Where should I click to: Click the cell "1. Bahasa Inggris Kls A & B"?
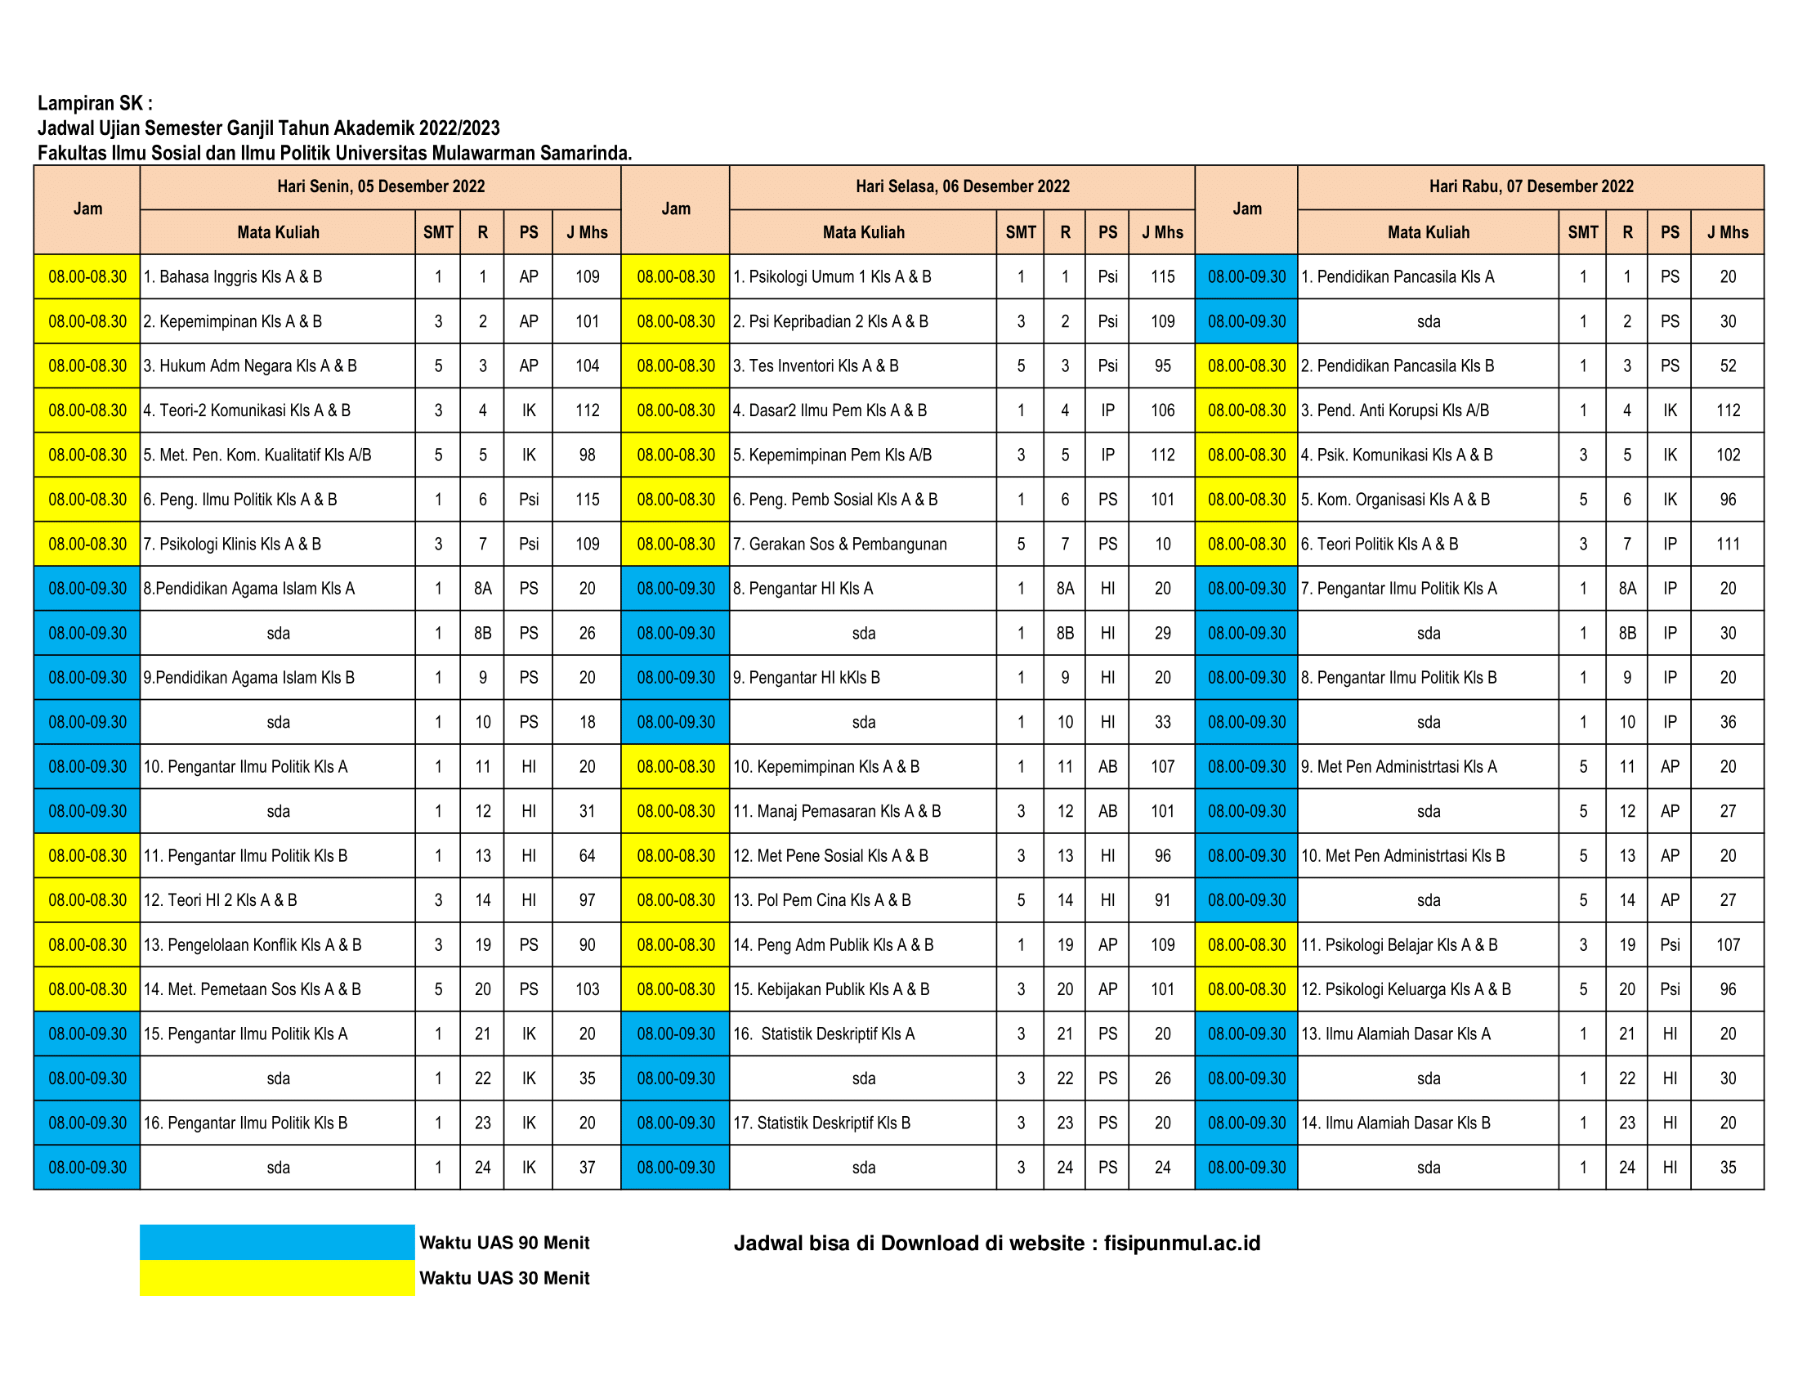click(233, 276)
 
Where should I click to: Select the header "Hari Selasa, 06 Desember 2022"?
click(962, 187)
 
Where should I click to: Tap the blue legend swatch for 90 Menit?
click(276, 1242)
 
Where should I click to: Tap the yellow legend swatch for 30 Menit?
click(276, 1278)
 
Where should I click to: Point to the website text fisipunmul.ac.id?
click(1182, 1244)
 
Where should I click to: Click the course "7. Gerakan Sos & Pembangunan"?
click(839, 545)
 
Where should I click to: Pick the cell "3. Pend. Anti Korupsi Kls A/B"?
click(1394, 410)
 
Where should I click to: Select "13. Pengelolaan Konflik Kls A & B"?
click(253, 944)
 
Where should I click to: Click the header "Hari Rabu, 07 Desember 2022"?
click(1531, 187)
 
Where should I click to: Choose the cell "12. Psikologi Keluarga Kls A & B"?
click(1406, 989)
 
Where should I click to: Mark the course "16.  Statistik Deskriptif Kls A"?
click(824, 1034)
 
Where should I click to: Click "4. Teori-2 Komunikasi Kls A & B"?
click(247, 410)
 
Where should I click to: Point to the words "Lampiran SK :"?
click(95, 103)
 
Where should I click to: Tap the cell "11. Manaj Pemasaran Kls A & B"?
click(837, 811)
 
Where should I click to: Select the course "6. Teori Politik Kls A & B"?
click(1379, 545)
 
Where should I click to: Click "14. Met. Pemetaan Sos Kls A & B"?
click(253, 989)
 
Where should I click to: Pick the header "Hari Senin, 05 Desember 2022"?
click(380, 187)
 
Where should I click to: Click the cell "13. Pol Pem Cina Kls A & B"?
click(822, 900)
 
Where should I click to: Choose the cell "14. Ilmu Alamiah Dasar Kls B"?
click(1395, 1123)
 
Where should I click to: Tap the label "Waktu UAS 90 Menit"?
click(503, 1243)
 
